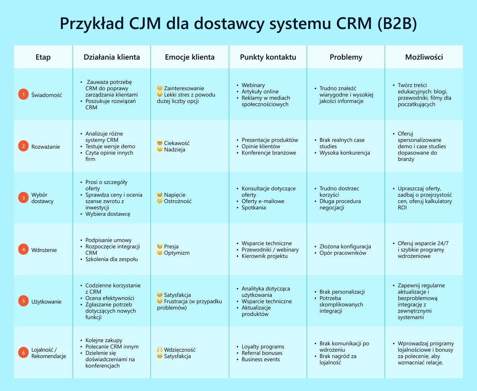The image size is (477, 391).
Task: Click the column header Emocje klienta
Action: [190, 57]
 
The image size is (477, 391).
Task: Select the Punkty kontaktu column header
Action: [268, 57]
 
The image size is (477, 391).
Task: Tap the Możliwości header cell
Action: [424, 57]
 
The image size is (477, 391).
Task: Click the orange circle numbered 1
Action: [23, 95]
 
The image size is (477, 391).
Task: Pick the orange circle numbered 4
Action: [23, 250]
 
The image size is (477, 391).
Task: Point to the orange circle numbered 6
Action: [23, 353]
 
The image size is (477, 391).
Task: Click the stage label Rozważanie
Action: [46, 147]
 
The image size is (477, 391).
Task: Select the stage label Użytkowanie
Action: [47, 302]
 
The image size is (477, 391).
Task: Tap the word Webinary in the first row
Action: [253, 85]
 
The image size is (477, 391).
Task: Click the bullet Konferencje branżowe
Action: [269, 153]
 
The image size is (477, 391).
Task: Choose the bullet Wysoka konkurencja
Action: [345, 153]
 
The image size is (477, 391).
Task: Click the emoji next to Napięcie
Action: [160, 195]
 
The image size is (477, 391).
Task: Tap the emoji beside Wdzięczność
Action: [160, 350]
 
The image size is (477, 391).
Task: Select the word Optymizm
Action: [176, 253]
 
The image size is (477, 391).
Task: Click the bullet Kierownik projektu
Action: [264, 256]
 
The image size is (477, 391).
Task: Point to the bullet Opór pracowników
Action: [343, 253]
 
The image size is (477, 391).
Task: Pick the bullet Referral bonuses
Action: [262, 353]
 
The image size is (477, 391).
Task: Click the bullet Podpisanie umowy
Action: [109, 240]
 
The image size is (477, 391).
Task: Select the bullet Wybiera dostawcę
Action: [108, 214]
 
